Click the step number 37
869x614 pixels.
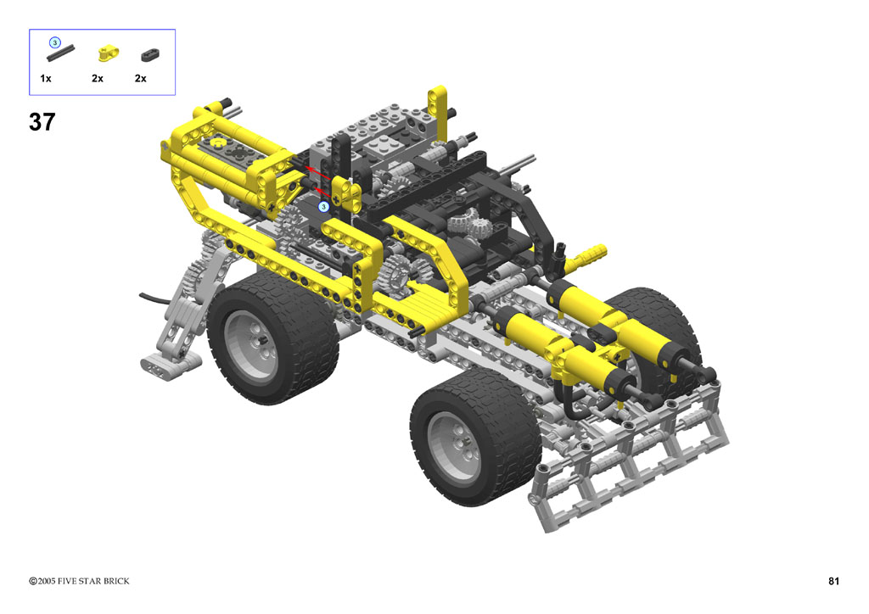pos(42,122)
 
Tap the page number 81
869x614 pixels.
pos(833,581)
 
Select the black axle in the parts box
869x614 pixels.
pos(61,53)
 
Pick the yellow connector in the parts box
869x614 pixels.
pos(108,53)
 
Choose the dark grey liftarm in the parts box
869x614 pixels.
pos(149,55)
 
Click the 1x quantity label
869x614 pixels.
pos(46,79)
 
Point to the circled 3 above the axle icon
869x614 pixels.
pos(54,42)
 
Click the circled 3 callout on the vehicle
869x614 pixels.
pos(323,207)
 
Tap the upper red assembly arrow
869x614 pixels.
pos(320,173)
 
